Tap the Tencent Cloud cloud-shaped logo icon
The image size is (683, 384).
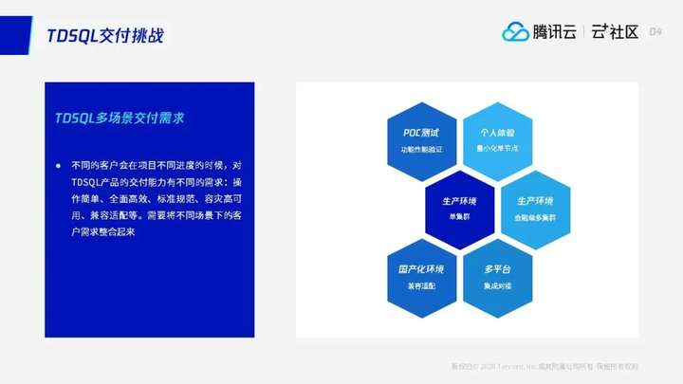515,32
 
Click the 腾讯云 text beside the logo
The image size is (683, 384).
555,32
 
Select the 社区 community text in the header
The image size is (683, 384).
622,32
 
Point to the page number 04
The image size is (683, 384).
655,32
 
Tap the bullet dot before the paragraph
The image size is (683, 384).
58,164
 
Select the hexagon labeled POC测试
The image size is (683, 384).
421,140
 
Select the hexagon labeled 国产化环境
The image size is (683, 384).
421,278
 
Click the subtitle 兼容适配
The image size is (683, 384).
421,285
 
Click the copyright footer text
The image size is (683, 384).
545,367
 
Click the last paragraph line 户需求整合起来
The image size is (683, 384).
103,230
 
